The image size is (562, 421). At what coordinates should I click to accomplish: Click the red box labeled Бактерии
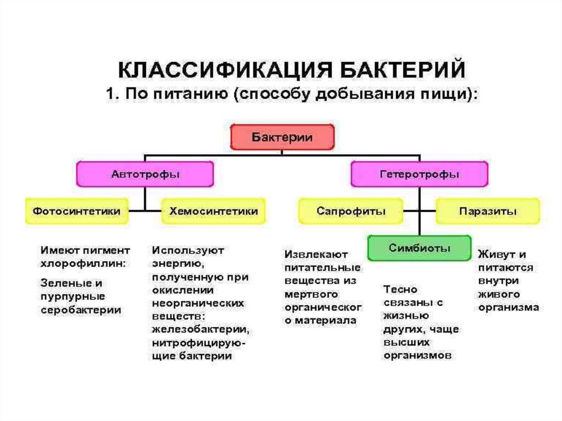[282, 137]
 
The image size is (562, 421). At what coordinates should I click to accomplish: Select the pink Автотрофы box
[145, 175]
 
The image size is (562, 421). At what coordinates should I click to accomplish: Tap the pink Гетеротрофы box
[419, 175]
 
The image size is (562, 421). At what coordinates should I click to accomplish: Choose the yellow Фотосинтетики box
[77, 211]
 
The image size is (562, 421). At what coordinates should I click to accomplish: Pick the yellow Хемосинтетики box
[213, 211]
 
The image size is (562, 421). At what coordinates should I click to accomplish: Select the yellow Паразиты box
[488, 211]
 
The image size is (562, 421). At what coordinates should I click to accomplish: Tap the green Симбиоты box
[419, 248]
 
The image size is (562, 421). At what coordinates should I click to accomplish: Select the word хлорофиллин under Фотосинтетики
[83, 263]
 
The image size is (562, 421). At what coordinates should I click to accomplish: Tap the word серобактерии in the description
[81, 310]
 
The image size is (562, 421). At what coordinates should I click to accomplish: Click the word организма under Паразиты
[508, 307]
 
